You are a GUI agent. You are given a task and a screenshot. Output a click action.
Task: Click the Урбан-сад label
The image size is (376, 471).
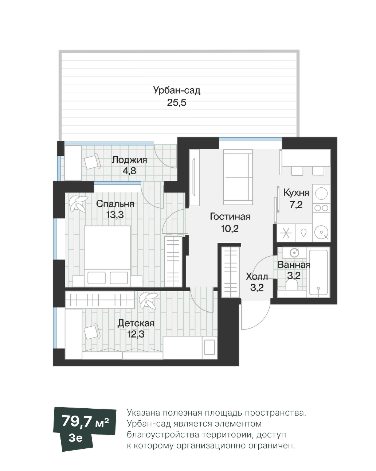coord(176,90)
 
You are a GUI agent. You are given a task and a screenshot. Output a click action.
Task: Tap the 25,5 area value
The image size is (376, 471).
coord(176,102)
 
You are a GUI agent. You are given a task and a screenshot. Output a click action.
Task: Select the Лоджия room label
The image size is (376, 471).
coord(129,160)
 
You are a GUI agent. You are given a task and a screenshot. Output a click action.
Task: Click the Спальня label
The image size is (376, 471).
coord(115,204)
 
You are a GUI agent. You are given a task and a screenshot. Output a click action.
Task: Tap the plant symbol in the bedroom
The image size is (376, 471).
coord(78,203)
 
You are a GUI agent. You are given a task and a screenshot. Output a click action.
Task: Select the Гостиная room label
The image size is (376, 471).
coord(230,217)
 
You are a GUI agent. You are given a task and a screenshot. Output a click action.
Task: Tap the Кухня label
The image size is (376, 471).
coord(296,192)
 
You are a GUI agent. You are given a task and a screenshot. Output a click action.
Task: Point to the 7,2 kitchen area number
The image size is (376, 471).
coord(296,205)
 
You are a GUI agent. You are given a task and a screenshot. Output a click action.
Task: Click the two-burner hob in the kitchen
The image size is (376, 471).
coord(321,207)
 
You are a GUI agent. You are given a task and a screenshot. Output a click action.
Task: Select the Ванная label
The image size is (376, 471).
coord(294,265)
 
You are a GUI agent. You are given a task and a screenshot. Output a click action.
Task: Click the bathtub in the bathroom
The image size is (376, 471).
coord(318,272)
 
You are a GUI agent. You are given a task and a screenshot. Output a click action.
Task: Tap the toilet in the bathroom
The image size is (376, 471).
coord(292,285)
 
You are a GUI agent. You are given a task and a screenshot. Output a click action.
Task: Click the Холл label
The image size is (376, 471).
coord(257,277)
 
